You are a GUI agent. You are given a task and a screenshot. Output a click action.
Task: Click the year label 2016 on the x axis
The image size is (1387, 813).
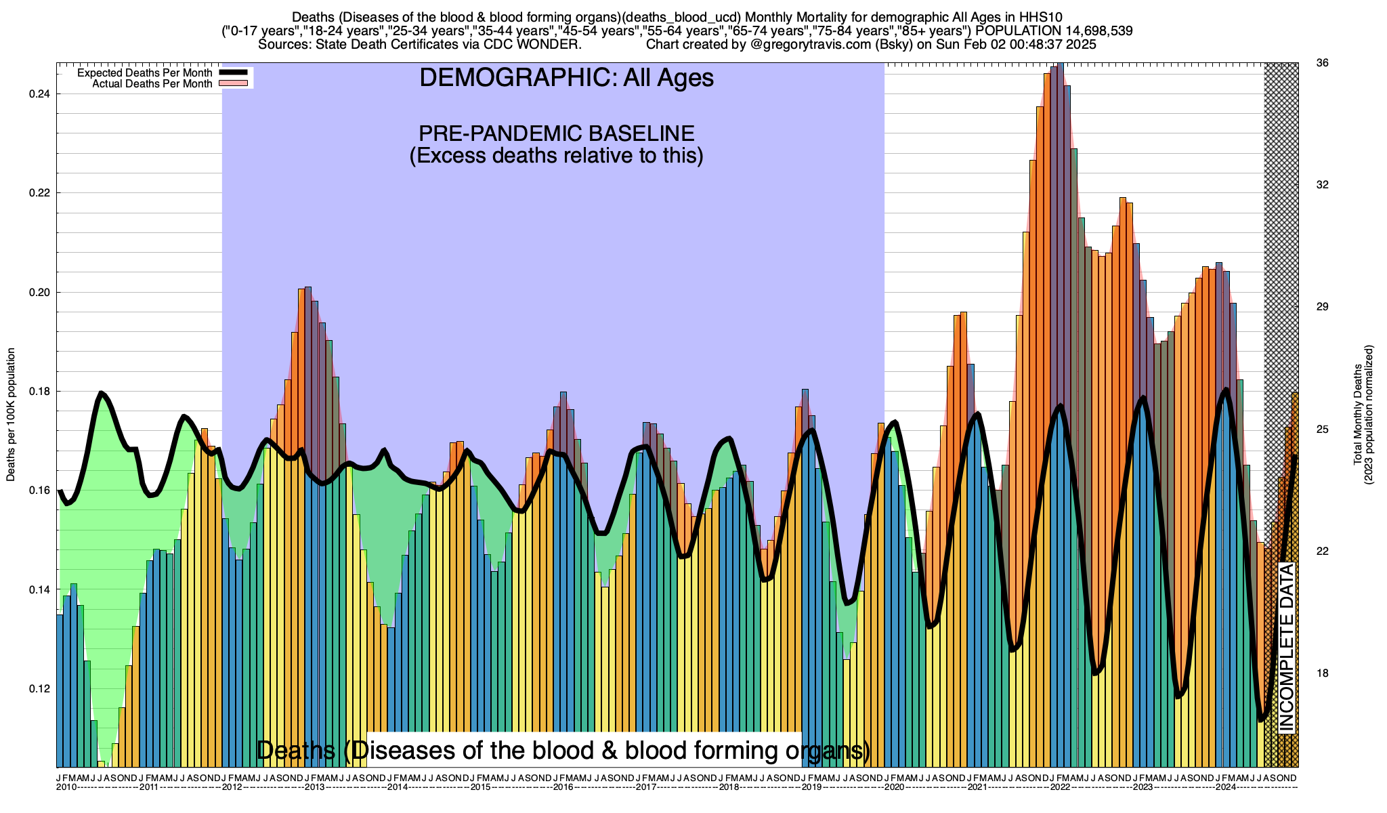pos(563,787)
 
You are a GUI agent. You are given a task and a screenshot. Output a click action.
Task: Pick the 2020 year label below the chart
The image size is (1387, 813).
pos(894,787)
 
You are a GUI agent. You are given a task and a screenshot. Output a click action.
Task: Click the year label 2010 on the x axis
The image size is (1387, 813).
pos(66,787)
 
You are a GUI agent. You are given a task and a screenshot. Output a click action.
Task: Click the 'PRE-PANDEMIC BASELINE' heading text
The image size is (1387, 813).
pos(556,133)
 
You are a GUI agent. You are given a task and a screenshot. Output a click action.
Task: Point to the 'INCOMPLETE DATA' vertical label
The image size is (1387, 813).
pos(1286,647)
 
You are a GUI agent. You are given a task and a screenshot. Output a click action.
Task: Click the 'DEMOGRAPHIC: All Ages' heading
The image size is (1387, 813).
pos(566,78)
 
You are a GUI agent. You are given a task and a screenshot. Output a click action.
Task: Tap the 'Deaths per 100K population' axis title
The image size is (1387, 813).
pos(11,415)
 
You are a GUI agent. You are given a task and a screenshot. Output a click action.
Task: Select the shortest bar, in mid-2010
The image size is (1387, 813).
pos(101,764)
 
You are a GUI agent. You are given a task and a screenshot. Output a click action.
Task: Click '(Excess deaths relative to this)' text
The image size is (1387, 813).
pos(556,156)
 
